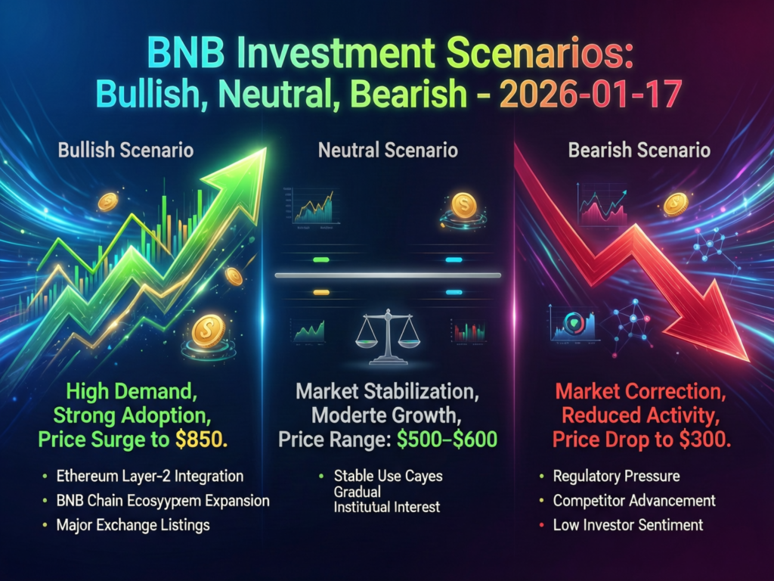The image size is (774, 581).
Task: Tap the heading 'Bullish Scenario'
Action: [125, 150]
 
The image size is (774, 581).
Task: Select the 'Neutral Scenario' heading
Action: [388, 150]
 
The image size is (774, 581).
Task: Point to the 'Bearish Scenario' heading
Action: [639, 150]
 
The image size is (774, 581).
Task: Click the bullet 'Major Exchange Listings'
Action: [132, 524]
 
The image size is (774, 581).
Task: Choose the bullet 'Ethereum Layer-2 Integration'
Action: [150, 477]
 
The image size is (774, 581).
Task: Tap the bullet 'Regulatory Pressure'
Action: [616, 477]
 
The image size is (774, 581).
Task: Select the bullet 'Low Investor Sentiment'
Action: [628, 524]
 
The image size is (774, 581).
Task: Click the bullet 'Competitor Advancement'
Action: [634, 501]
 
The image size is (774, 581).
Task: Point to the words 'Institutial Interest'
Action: [386, 508]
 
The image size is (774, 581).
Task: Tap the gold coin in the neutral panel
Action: [463, 203]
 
